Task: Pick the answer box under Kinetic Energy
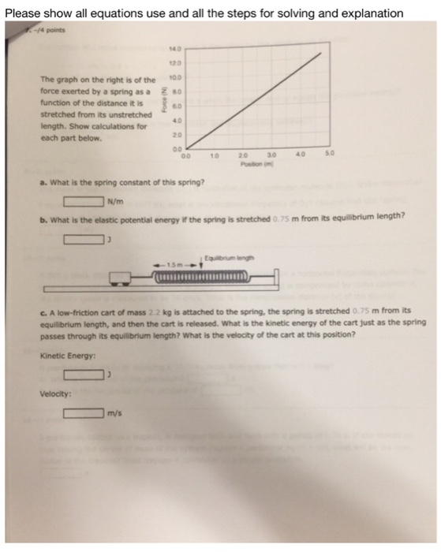(84, 375)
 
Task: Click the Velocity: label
(50, 394)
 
